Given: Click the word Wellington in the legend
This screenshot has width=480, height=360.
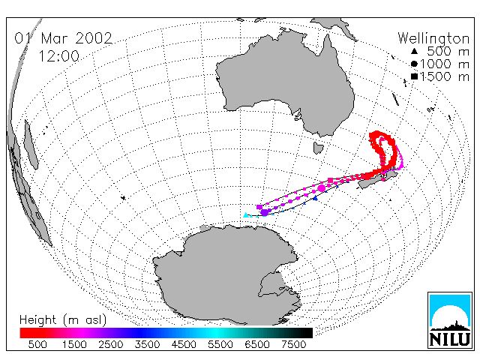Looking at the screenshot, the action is (x=433, y=38).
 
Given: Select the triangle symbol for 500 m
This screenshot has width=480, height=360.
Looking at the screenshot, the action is (x=414, y=52).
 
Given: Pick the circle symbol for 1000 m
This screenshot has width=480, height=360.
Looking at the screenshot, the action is (x=414, y=64).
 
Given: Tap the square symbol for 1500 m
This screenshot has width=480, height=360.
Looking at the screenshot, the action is (x=414, y=76).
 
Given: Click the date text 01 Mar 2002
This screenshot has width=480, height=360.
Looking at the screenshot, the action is (x=64, y=38).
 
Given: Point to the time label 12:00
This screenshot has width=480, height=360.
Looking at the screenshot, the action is (x=59, y=56).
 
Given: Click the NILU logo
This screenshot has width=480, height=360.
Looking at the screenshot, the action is (x=450, y=320).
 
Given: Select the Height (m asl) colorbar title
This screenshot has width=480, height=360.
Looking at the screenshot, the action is (x=63, y=320).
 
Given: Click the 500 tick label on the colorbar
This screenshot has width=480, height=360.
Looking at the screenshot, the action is (x=37, y=344).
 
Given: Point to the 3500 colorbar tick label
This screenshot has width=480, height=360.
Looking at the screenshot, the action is (x=147, y=344).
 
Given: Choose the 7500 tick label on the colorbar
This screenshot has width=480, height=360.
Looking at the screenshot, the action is (x=293, y=344).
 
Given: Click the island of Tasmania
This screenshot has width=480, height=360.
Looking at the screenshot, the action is (x=318, y=148).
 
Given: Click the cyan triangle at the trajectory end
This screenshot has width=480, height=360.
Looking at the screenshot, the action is (x=246, y=215).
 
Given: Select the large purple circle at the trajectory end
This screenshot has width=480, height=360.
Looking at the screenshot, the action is (x=264, y=212).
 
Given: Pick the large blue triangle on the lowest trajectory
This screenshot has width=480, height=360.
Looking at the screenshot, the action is (x=316, y=199).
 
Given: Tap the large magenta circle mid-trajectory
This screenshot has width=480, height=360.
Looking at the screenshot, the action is (x=322, y=188).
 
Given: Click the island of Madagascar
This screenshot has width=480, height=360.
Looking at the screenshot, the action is (x=31, y=145).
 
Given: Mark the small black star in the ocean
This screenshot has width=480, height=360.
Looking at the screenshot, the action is (x=123, y=198).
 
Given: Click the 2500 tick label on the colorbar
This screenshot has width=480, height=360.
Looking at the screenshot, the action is (x=111, y=344).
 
